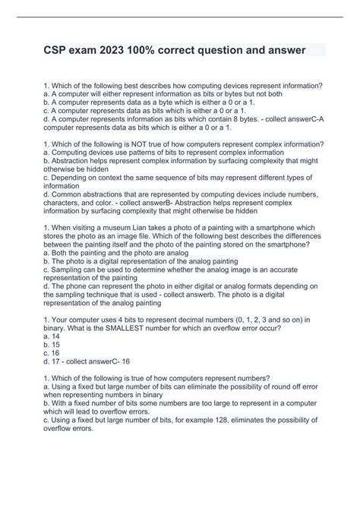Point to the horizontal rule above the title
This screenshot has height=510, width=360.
click(180, 17)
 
